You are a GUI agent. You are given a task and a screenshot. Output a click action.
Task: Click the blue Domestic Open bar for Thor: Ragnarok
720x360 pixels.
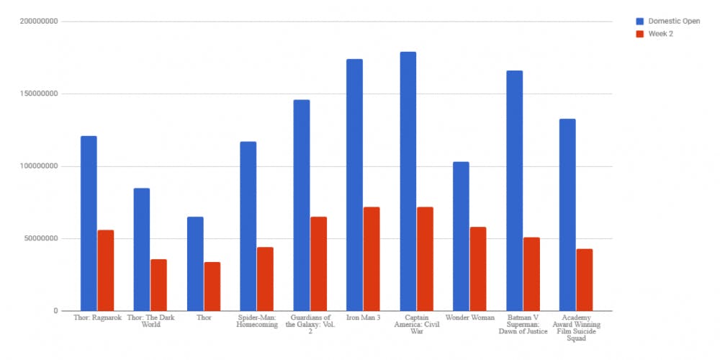pos(89,223)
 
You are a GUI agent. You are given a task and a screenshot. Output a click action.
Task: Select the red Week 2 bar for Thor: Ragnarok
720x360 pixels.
pos(106,271)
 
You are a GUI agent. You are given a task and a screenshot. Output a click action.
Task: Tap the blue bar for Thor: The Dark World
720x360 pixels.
pos(142,249)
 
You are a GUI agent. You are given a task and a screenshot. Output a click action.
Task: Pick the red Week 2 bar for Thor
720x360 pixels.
pos(212,287)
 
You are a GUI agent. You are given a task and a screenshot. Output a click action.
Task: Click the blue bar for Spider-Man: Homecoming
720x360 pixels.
pos(248,226)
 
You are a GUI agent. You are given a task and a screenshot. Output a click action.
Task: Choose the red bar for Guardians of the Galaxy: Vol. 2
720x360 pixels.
pos(318,264)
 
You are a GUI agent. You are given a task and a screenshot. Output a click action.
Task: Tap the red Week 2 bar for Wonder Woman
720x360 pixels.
pos(478,269)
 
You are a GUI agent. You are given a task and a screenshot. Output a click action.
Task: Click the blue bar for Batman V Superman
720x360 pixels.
pos(514,191)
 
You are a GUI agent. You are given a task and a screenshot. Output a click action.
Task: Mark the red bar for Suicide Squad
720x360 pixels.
pos(584,280)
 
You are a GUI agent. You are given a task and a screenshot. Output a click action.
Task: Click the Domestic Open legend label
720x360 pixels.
pos(674,21)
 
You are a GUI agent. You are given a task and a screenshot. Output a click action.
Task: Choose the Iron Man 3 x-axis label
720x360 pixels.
pos(363,318)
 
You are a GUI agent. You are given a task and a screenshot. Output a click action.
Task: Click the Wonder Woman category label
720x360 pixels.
pos(469,318)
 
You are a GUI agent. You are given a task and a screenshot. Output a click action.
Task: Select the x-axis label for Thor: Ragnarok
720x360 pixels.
pos(97,318)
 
